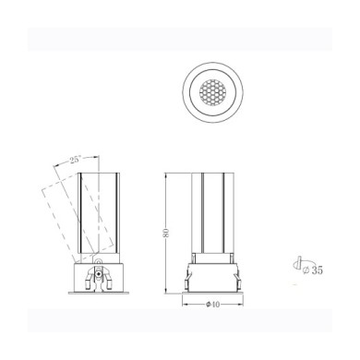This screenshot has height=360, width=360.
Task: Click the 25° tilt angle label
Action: (75, 160)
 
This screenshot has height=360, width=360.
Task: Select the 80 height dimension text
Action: (166, 233)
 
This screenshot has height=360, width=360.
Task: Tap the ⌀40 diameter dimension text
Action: (213, 305)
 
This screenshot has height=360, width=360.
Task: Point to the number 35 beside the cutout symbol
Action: (317, 270)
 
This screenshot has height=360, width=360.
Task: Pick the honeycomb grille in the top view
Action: (213, 92)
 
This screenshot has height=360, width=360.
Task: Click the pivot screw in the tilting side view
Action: (99, 273)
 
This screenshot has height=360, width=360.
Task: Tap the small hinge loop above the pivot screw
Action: (99, 261)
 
